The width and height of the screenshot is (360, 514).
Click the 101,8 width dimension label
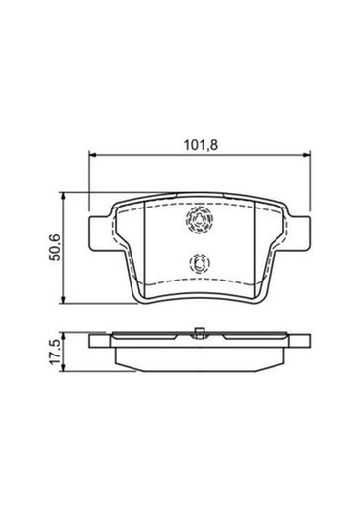(x=201, y=147)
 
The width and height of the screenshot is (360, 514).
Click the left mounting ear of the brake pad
(x=99, y=231)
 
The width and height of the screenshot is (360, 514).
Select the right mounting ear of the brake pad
(x=300, y=231)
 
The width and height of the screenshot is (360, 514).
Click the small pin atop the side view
(x=200, y=332)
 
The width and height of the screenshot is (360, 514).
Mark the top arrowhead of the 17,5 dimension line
(x=67, y=335)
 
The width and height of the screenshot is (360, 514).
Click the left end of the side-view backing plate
(x=91, y=341)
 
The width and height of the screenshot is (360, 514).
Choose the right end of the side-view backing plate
(x=308, y=341)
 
